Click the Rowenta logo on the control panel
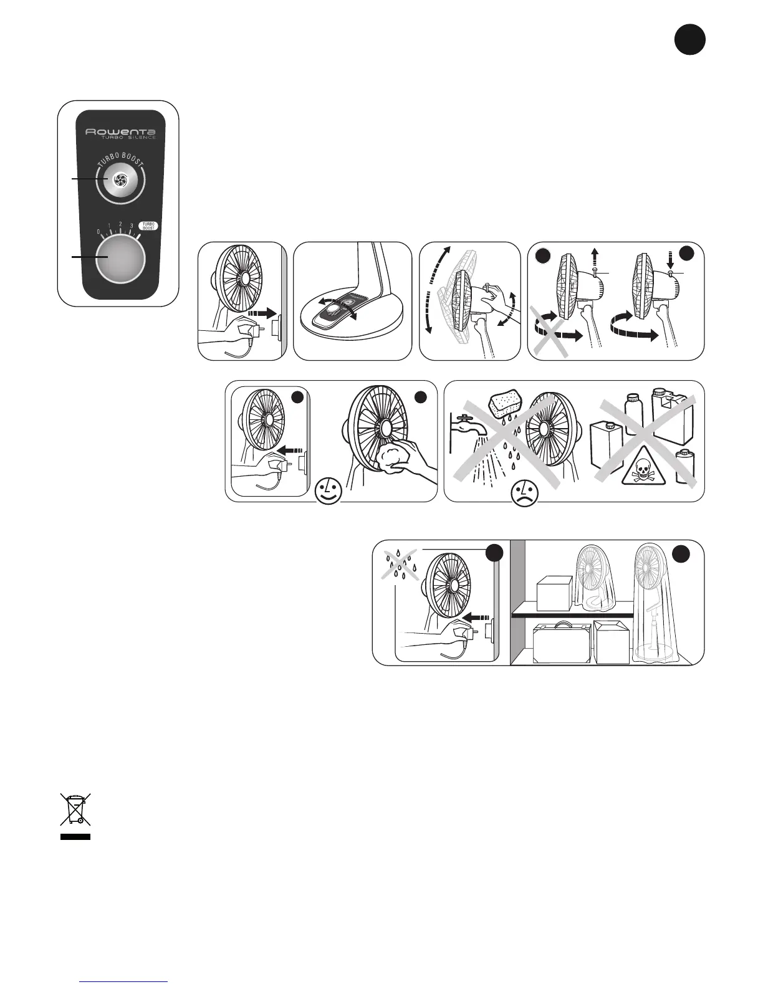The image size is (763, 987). click(120, 132)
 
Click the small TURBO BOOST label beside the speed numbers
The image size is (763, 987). click(148, 226)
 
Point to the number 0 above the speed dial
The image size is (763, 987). click(98, 232)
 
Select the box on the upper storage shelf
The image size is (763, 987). click(554, 593)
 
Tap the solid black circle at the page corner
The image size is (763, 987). click(689, 40)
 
